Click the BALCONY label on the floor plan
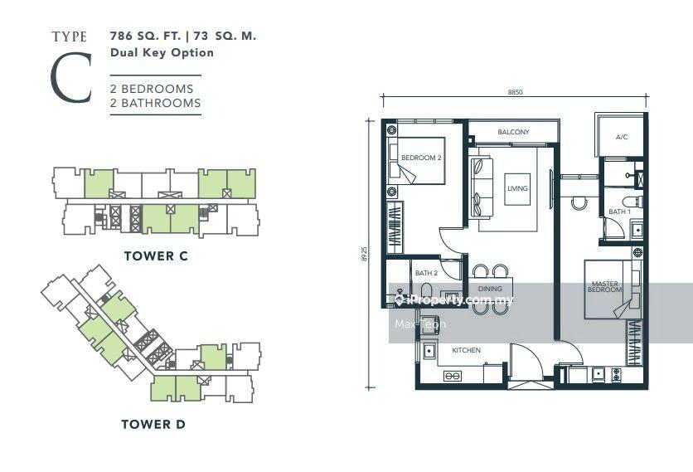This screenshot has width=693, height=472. [x=513, y=132]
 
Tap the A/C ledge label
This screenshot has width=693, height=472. [x=622, y=137]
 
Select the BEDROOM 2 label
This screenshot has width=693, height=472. [x=421, y=158]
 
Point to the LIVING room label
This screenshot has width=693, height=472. [x=517, y=188]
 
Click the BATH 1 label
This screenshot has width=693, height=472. [x=619, y=212]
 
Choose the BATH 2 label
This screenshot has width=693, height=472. [x=427, y=273]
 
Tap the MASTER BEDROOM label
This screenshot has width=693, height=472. [x=605, y=287]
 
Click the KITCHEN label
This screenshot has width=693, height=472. [x=466, y=350]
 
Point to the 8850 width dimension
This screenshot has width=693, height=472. [x=515, y=92]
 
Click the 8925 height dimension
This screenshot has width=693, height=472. [x=365, y=254]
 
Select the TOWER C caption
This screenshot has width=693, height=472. [x=156, y=255]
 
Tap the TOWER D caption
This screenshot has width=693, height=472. [x=153, y=424]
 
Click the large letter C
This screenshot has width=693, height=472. [x=71, y=77]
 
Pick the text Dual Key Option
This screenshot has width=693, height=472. [x=162, y=52]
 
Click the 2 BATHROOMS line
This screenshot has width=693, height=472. [x=156, y=103]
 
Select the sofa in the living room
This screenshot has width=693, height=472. [x=482, y=187]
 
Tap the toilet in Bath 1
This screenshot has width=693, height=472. [x=632, y=202]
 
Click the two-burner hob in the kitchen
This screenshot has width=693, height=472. [x=452, y=377]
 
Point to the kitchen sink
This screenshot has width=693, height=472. [x=429, y=351]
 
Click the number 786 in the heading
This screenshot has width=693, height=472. [x=122, y=36]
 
